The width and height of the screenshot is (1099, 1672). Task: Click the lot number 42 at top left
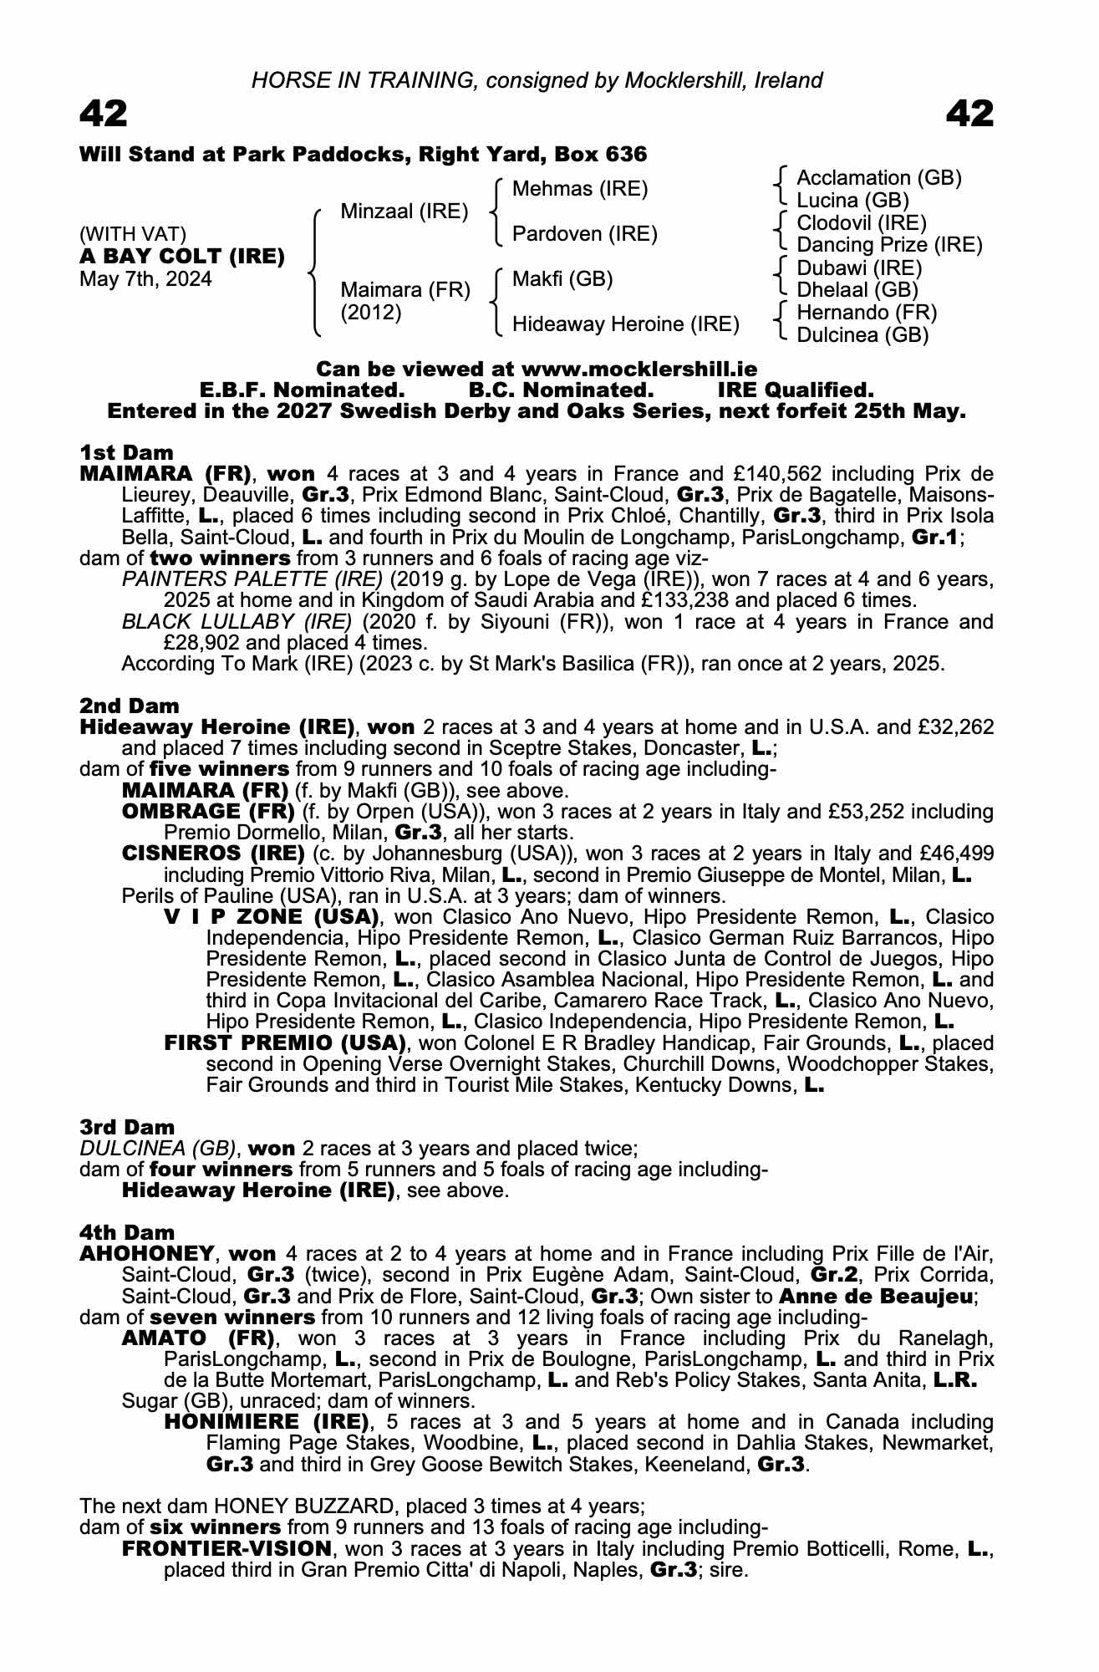104,114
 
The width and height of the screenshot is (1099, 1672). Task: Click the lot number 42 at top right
969,114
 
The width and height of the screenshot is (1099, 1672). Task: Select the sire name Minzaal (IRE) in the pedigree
404,212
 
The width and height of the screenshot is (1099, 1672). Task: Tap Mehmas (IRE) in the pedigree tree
580,189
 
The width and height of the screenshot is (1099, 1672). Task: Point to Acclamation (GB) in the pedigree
879,178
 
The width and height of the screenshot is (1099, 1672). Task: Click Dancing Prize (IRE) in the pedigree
889,245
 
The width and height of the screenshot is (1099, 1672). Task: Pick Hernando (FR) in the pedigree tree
867,313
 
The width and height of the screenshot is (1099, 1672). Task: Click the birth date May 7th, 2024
145,279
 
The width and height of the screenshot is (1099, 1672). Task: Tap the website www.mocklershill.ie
639,370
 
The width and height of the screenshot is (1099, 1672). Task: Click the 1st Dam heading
126,453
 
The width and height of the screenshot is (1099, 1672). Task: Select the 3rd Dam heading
127,1128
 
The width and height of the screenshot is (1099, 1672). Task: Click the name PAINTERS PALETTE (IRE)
252,579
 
